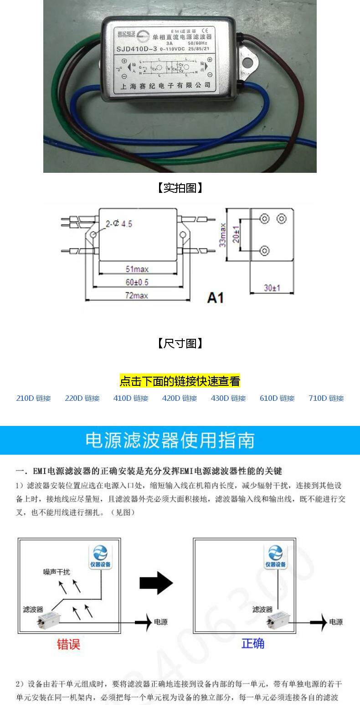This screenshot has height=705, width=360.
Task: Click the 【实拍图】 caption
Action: coord(180,188)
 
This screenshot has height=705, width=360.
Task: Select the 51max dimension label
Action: coord(137,269)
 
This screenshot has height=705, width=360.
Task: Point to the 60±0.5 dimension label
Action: coord(137,282)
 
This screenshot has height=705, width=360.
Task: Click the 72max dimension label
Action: coord(137,295)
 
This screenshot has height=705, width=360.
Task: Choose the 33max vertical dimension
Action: coord(223,235)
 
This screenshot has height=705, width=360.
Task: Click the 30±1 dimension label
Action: coord(272,288)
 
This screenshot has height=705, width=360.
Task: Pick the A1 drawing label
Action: coord(216,297)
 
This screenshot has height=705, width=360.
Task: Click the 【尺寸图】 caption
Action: coord(180,343)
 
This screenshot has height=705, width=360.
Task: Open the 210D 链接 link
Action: coord(33,398)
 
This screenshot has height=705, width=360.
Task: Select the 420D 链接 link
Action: coord(180,398)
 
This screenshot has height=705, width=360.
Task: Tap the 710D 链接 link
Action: coord(326,398)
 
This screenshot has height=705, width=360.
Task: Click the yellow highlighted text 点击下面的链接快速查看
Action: coord(180,381)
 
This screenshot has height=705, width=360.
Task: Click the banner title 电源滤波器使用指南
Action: coord(170,441)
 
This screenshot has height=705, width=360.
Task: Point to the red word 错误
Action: coord(68,644)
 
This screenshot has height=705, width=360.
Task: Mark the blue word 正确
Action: coord(253,643)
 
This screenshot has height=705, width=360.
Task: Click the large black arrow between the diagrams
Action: coord(156,582)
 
